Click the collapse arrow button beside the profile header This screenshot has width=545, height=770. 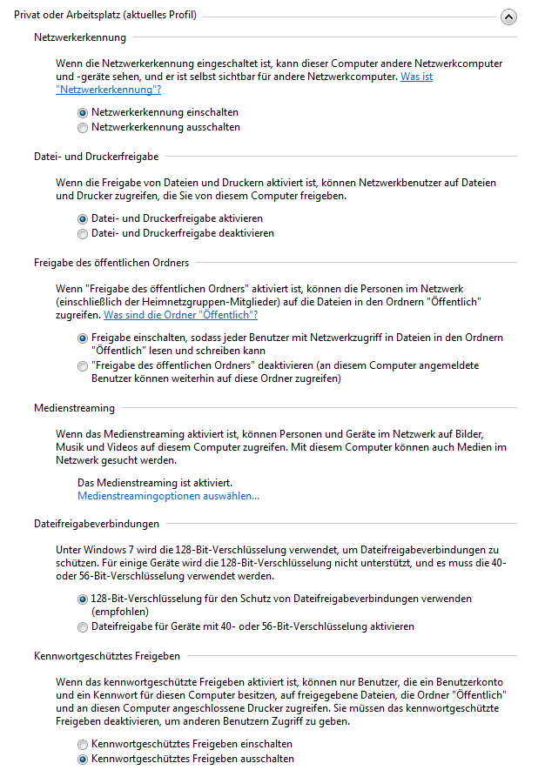pos(509,17)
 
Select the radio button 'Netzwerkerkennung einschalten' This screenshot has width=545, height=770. pos(83,112)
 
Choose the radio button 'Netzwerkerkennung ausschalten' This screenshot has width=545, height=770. pos(83,127)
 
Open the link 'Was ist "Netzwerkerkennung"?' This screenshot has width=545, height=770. pos(106,90)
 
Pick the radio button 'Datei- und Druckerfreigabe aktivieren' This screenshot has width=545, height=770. pos(83,218)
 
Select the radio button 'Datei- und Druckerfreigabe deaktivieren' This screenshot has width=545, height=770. pos(83,233)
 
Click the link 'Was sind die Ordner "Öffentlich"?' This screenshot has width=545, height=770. pos(180,315)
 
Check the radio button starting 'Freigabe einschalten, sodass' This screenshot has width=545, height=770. pos(83,338)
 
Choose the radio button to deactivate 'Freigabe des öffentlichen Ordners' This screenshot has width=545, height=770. pos(83,366)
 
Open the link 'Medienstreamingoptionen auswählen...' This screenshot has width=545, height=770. pos(168,496)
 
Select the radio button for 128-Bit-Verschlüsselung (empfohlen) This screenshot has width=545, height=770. pos(83,599)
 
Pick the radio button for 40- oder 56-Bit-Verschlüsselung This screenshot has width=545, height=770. pos(83,626)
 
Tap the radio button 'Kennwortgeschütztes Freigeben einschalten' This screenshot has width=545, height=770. pos(83,744)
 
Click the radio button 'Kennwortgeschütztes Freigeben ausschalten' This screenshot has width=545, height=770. pos(83,759)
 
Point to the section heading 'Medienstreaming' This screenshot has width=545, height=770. pos(74,408)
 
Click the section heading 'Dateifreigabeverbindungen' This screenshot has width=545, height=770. pos(97,524)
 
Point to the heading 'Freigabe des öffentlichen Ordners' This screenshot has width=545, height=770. pos(111,263)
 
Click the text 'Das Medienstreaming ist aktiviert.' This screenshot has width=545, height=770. pos(155,482)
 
